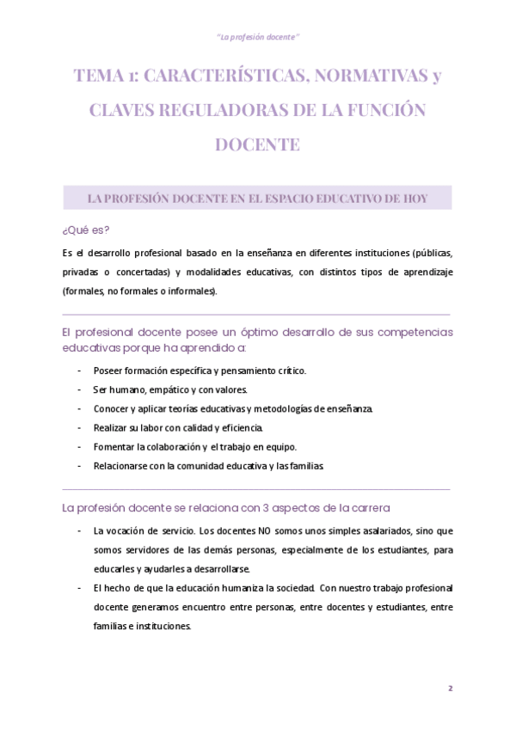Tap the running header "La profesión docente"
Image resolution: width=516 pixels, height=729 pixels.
pyautogui.click(x=257, y=36)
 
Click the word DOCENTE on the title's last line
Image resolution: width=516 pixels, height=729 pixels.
pyautogui.click(x=257, y=144)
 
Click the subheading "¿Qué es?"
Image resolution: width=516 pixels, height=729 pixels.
pyautogui.click(x=86, y=230)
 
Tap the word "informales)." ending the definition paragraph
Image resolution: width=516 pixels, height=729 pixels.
pyautogui.click(x=193, y=291)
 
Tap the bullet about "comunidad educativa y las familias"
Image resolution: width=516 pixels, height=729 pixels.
pyautogui.click(x=209, y=465)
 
